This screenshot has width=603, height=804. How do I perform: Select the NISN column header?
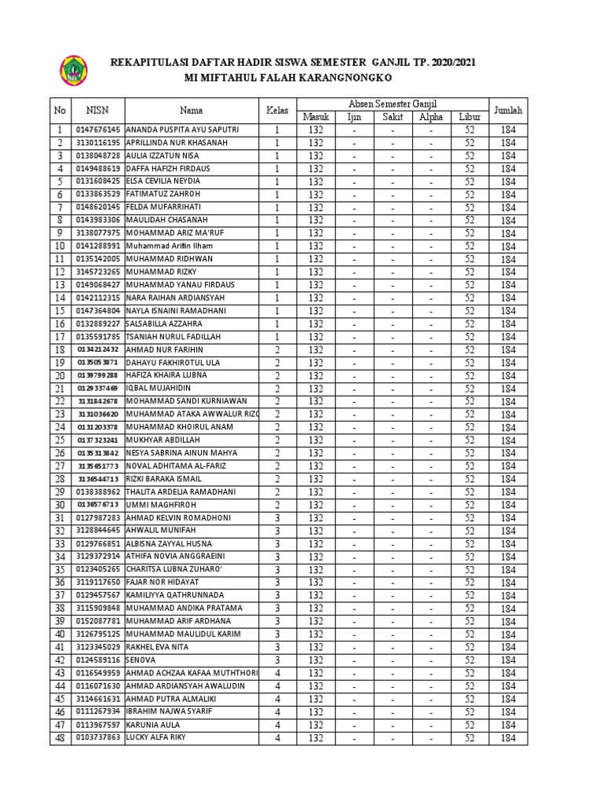pyautogui.click(x=98, y=110)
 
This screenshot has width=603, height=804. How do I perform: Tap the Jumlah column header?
pyautogui.click(x=508, y=110)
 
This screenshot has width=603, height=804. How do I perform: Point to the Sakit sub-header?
pyautogui.click(x=393, y=117)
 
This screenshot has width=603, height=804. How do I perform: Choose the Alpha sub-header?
pyautogui.click(x=431, y=117)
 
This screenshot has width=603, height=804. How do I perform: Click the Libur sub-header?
pyautogui.click(x=469, y=117)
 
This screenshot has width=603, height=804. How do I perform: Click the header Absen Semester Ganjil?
pyautogui.click(x=393, y=104)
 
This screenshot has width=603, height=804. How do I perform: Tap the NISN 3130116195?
pyautogui.click(x=98, y=142)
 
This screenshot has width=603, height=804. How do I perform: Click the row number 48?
pyautogui.click(x=59, y=738)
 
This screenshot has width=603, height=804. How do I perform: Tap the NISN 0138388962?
pyautogui.click(x=98, y=492)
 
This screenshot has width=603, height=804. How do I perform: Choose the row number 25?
pyautogui.click(x=59, y=440)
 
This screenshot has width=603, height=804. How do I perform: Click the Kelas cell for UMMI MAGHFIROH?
pyautogui.click(x=276, y=505)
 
